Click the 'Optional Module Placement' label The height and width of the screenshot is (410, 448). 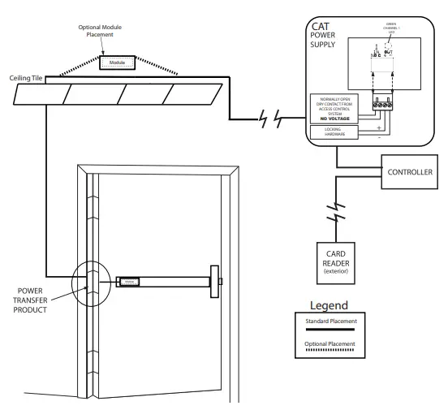pos(101,31)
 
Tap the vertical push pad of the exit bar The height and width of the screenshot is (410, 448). pos(215,282)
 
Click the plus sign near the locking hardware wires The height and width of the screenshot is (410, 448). pos(379,126)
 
